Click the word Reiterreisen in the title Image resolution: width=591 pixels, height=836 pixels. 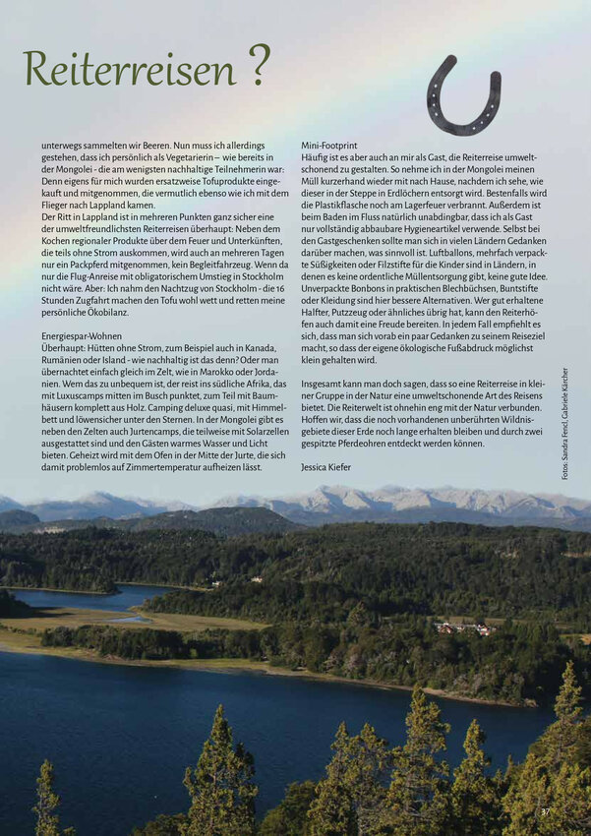[130, 68]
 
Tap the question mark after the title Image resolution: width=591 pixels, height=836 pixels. [259, 65]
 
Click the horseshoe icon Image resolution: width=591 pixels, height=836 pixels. [463, 95]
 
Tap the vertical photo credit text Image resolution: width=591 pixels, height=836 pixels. [565, 423]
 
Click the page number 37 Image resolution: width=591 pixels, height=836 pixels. [546, 811]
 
